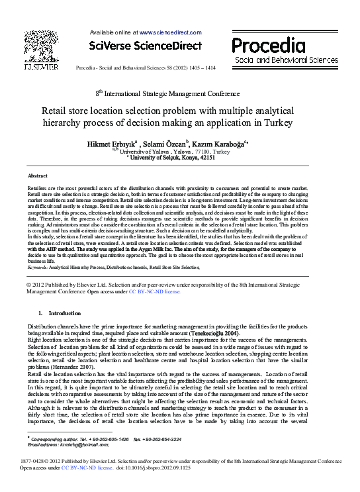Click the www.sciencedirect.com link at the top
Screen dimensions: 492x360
(170, 32)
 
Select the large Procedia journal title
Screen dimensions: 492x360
(273, 46)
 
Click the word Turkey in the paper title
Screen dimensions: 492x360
(260, 123)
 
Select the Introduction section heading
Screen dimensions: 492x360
(65, 313)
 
